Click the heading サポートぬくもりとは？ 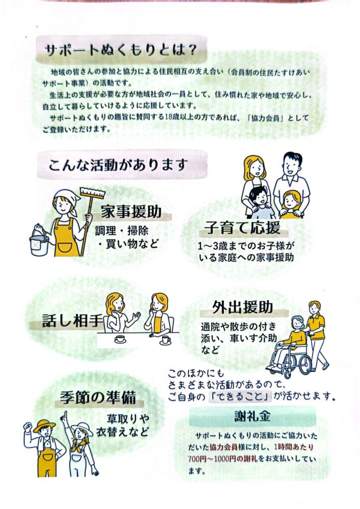[120, 50]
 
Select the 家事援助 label [131, 212]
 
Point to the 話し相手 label [73, 321]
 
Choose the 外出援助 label [243, 307]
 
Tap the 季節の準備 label [98, 397]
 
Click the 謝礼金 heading [252, 416]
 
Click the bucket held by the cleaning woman [39, 242]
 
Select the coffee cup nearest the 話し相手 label [120, 339]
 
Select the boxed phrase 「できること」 [240, 396]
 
